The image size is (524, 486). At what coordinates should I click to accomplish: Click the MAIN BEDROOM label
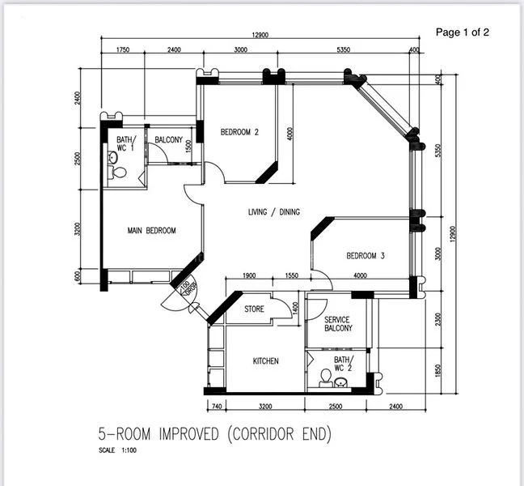coord(151,231)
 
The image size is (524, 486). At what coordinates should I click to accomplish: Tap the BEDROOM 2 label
coord(239,132)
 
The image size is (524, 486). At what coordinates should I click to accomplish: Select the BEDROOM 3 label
coord(366,256)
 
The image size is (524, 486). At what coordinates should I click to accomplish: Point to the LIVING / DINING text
coord(273,212)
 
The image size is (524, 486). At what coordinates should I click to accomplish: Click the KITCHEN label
coord(266,361)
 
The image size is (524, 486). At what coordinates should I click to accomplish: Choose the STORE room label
coord(254,309)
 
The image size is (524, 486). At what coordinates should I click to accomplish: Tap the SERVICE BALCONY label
coord(338,324)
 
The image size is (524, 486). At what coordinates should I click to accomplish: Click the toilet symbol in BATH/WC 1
coord(117,172)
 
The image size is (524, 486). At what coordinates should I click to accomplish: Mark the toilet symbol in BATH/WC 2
coord(327,377)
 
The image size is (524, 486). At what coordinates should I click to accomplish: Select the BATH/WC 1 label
coord(125,144)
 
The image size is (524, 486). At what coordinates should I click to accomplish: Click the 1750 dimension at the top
coord(123,50)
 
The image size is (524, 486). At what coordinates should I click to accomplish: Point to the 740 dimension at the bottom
coord(216,406)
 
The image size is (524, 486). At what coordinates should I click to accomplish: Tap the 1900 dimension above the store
coord(249,276)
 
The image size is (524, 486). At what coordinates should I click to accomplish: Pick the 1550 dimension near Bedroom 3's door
coord(293,276)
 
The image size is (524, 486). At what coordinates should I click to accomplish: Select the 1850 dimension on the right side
coord(439,370)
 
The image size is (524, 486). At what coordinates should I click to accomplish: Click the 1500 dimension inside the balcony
coord(188,147)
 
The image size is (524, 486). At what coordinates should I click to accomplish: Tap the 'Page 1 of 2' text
coord(463,32)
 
